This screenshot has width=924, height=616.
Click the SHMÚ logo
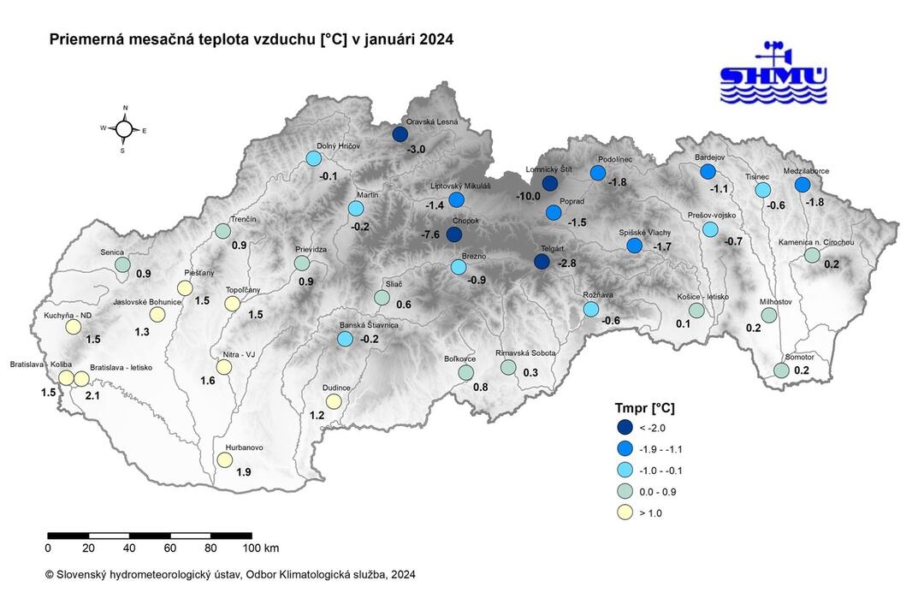click(773, 74)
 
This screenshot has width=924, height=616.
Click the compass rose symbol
click(124, 129)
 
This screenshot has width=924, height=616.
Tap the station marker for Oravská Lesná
click(400, 133)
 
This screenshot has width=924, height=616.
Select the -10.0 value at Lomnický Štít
click(528, 196)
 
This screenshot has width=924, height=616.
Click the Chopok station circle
click(454, 234)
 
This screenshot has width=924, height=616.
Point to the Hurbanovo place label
click(244, 447)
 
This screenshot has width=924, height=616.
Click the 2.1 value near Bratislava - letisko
click(93, 395)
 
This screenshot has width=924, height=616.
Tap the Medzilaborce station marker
click(802, 185)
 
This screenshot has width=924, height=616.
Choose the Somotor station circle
click(781, 370)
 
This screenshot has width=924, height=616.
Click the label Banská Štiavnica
click(370, 326)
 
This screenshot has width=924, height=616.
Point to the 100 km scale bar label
click(260, 548)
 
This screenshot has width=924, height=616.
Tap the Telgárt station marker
click(542, 262)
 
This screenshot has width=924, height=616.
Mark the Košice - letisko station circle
click(696, 310)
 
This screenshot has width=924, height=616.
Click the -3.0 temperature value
click(416, 150)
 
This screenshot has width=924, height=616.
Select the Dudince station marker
click(334, 401)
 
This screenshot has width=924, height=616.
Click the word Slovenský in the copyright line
click(85, 575)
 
